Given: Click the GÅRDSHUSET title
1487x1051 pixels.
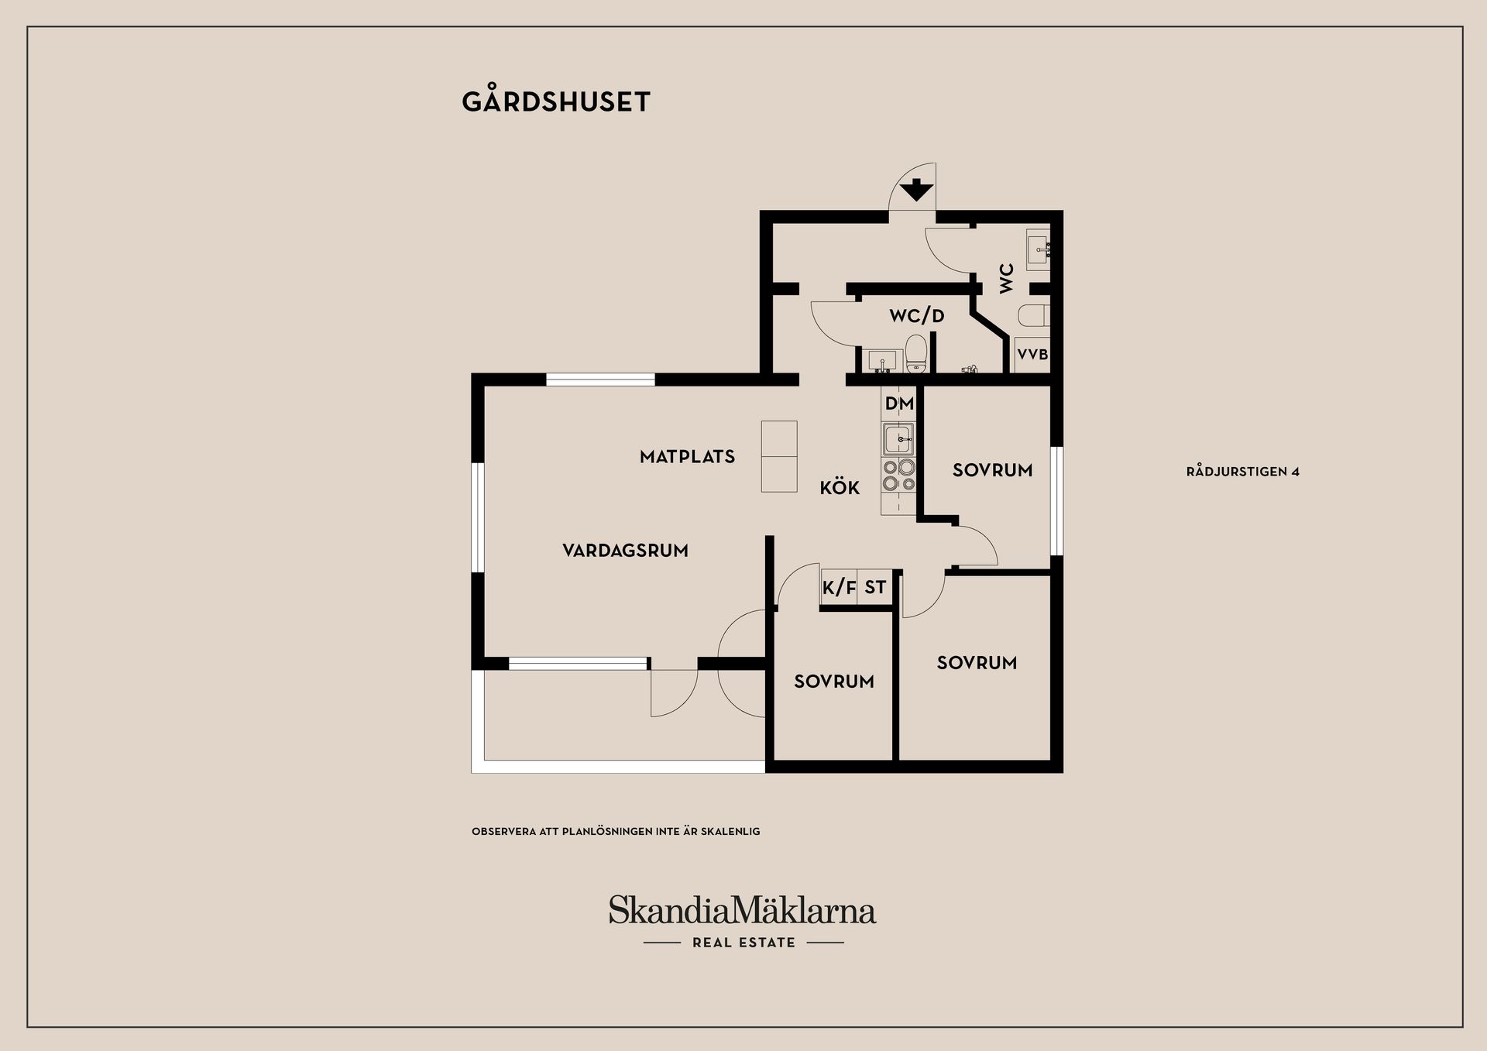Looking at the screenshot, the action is [x=556, y=101].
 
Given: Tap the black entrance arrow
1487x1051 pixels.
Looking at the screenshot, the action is [x=916, y=189].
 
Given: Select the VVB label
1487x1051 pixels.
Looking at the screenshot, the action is [x=1032, y=355].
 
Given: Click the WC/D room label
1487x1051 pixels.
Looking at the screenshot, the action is [x=917, y=316].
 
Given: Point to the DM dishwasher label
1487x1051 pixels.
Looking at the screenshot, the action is [x=899, y=404].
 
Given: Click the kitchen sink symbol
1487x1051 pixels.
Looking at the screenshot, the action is [x=898, y=439].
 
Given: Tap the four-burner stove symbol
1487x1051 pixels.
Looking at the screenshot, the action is [x=898, y=476].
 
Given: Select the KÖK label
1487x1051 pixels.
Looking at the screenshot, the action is [x=840, y=487].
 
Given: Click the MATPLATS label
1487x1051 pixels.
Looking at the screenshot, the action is [x=687, y=457].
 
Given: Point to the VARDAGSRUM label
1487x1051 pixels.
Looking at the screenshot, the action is [x=625, y=551].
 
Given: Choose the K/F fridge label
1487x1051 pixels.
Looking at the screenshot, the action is [x=839, y=588].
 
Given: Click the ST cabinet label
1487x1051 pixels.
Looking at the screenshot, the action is [x=875, y=588].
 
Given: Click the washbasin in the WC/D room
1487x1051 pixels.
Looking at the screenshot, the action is [x=882, y=360].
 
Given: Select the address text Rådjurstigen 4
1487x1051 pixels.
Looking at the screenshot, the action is [x=1242, y=472].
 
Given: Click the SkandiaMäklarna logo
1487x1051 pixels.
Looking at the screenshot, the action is [x=742, y=909].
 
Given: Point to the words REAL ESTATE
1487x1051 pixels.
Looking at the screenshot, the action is [x=743, y=943].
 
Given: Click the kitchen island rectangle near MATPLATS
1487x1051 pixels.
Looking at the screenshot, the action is [x=779, y=456].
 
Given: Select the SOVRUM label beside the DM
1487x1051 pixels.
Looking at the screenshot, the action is [x=992, y=470].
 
